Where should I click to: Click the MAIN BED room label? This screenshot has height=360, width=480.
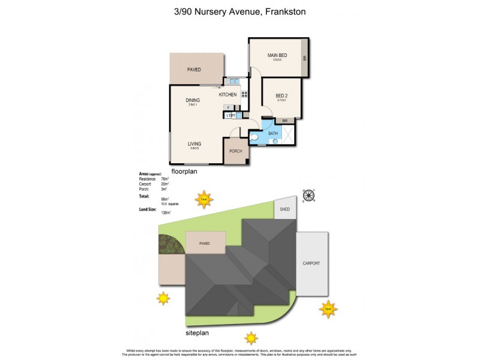coord(277,56)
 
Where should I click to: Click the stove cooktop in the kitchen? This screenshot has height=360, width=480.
coord(245,94)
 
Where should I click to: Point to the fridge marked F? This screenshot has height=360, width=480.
coord(229,107)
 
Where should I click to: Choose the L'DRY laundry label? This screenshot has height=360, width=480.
coord(230,115)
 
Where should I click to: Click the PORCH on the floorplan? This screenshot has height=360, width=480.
coord(235,151)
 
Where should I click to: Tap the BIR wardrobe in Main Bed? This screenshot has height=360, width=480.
coord(305,58)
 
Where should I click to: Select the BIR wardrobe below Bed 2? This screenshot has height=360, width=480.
coord(284,121)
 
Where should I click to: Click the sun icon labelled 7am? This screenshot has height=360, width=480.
coord(204,199)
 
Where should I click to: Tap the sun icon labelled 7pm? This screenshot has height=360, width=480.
coord(328,310)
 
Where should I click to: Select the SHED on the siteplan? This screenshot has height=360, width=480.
coord(285,209)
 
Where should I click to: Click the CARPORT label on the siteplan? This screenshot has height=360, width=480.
coord(311,263)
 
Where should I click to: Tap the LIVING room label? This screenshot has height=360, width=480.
coord(194,144)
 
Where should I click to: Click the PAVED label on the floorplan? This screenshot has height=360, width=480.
coord(194,70)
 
